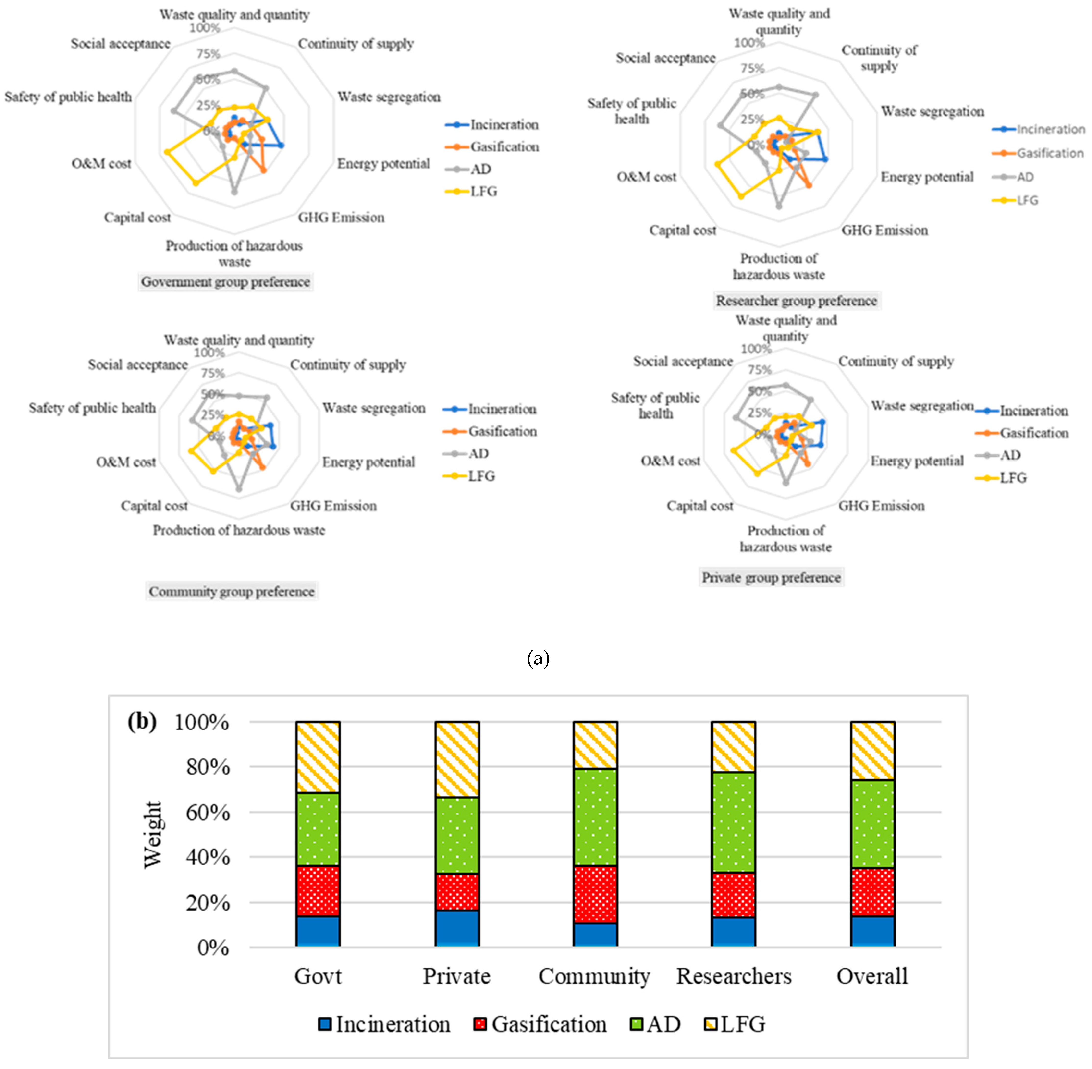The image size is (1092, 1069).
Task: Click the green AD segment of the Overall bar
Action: (872, 824)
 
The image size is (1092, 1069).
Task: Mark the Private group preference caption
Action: (772, 578)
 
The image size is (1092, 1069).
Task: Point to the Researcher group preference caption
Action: (796, 301)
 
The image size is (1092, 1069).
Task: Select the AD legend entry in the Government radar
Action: (480, 169)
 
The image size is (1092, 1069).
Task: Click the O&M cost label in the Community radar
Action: (126, 462)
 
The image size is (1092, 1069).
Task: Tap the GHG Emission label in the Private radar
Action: (882, 506)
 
